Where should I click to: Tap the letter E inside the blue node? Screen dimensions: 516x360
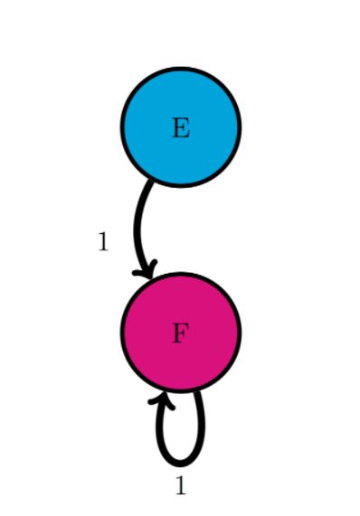click(181, 128)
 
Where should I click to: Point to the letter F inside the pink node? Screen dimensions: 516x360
click(181, 333)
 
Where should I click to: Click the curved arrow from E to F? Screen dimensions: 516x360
click(138, 226)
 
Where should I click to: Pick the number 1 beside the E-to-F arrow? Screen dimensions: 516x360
click(103, 241)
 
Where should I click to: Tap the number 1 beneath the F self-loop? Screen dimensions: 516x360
click(181, 486)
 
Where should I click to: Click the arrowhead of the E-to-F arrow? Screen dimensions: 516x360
click(146, 268)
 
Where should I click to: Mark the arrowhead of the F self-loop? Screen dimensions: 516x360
click(162, 399)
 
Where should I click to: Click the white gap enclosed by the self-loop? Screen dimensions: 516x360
click(181, 429)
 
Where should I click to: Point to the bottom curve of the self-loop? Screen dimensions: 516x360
click(181, 462)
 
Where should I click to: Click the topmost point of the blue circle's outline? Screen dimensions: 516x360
click(181, 69)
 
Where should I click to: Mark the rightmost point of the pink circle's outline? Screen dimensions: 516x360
click(240, 333)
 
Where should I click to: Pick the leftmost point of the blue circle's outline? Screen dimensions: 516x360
click(122, 127)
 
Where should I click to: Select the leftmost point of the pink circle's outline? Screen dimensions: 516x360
click(122, 333)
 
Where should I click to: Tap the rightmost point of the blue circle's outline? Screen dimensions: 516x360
click(240, 127)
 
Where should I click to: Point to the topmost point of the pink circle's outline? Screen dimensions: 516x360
click(181, 274)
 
